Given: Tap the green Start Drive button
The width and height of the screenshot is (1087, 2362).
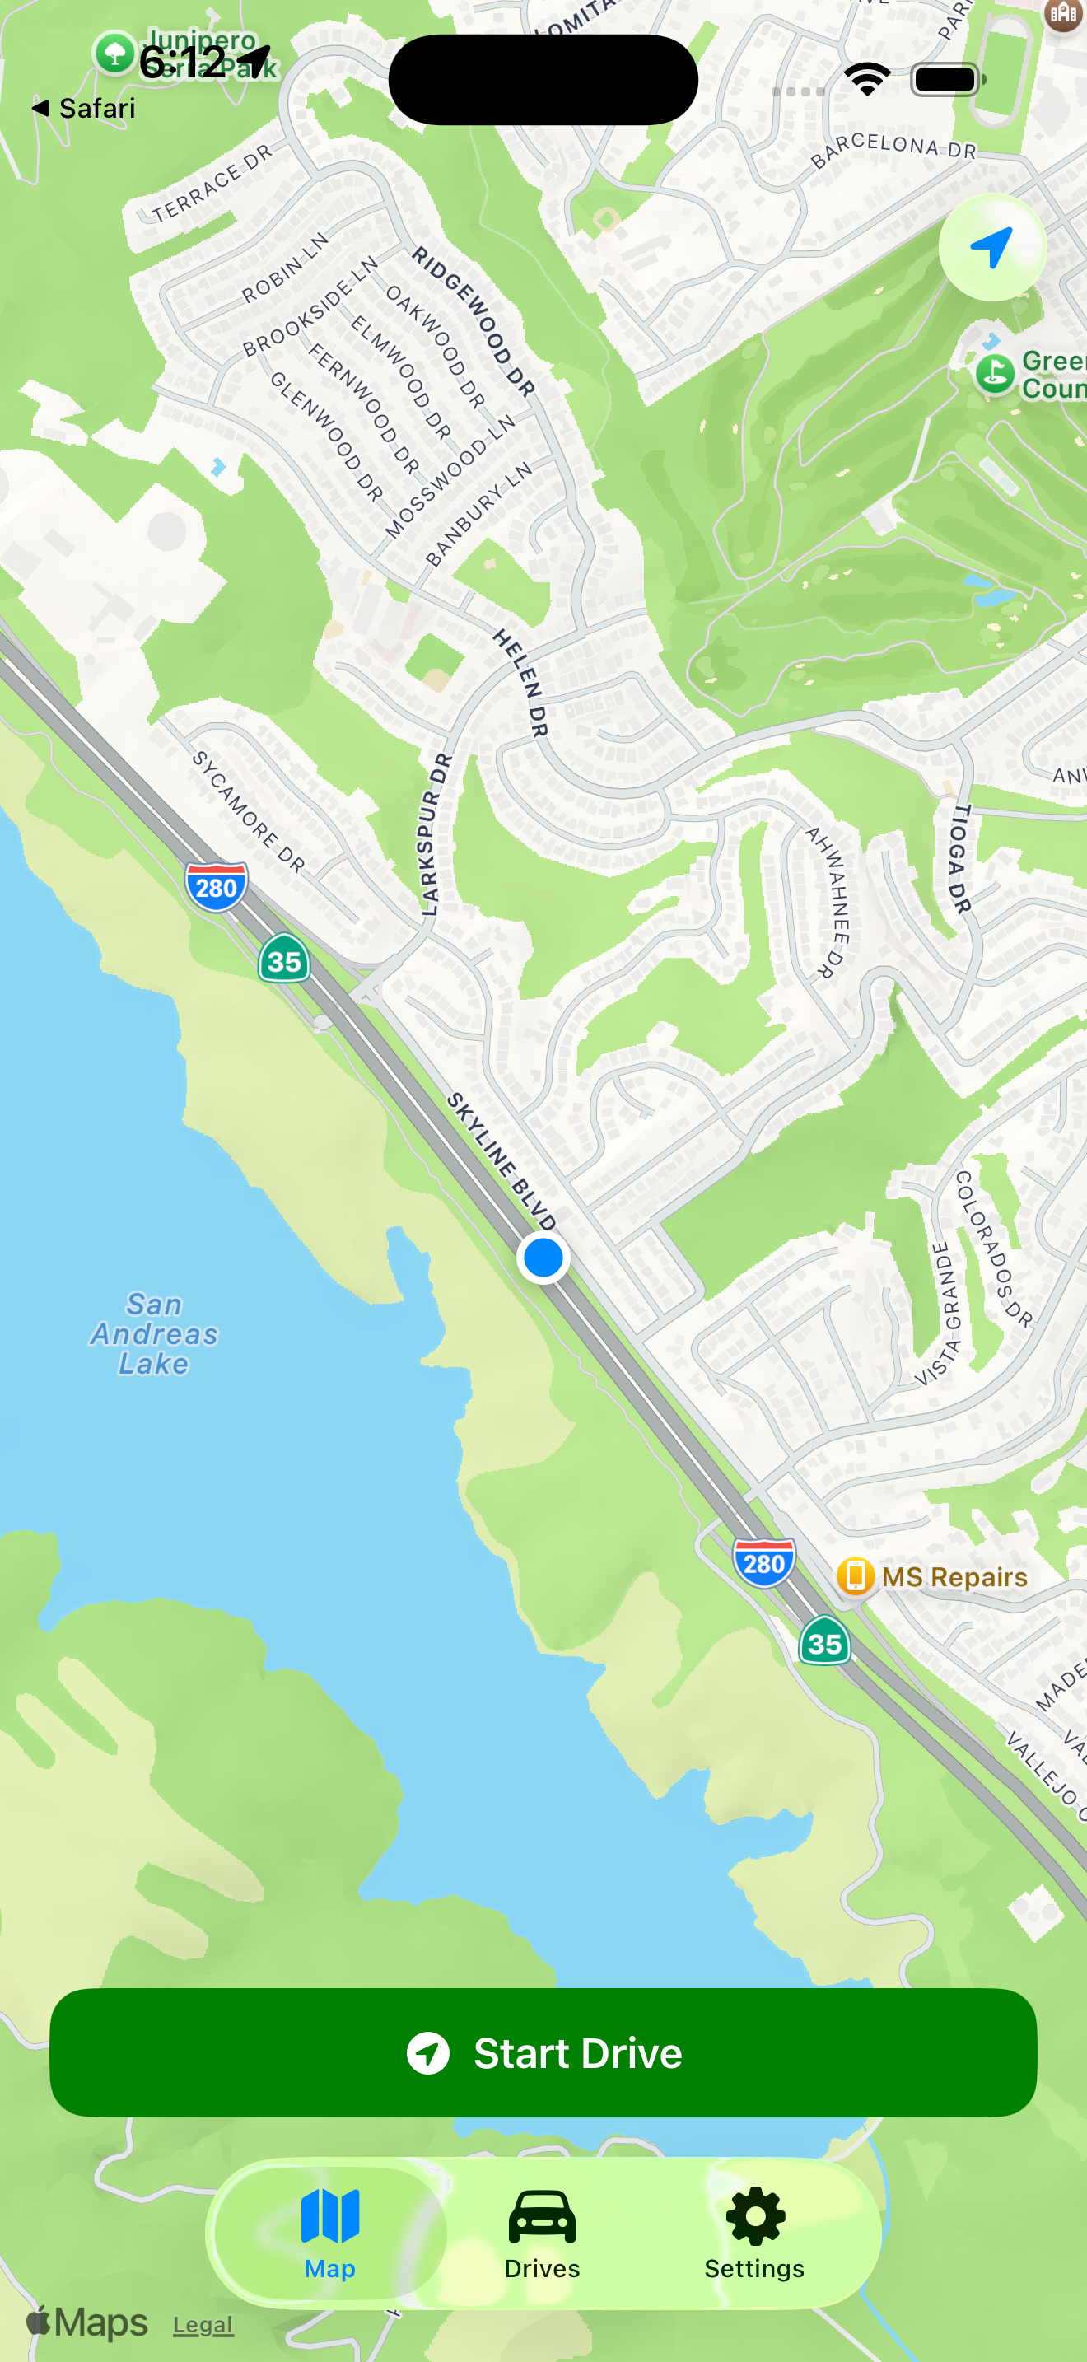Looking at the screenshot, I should (x=543, y=2052).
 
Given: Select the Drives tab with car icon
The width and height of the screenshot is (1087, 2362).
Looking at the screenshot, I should (x=542, y=2234).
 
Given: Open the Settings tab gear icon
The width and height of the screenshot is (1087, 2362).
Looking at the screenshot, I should (x=754, y=2234).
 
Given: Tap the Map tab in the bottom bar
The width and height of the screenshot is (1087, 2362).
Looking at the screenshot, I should (x=330, y=2234).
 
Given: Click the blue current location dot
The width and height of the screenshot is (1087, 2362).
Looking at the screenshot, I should (x=543, y=1257).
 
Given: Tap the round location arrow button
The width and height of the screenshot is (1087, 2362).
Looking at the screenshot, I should (x=991, y=248).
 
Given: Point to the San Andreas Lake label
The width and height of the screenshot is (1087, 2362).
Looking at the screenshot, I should (x=154, y=1334).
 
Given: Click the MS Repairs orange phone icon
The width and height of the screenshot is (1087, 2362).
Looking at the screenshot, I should (x=855, y=1576).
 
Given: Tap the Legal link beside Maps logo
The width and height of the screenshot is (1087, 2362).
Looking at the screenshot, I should (x=203, y=2325).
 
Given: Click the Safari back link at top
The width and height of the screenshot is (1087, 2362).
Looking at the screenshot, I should (x=84, y=108).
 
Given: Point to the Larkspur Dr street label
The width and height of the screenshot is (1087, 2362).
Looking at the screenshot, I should (x=436, y=834).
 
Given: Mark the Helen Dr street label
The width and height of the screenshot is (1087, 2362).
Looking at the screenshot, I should (x=520, y=682).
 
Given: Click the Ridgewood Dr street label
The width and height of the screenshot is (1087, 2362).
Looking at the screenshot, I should (x=472, y=321).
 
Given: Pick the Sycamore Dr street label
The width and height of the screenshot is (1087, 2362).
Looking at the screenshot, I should (x=248, y=810).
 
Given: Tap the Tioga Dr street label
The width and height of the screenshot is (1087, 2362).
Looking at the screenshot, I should (x=959, y=859).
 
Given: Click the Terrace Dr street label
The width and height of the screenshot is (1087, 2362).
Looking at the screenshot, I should (x=212, y=184).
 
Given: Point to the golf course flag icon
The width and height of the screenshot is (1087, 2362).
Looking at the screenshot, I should (x=995, y=373).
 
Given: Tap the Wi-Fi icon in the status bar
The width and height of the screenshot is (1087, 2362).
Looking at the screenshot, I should (x=867, y=80).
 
